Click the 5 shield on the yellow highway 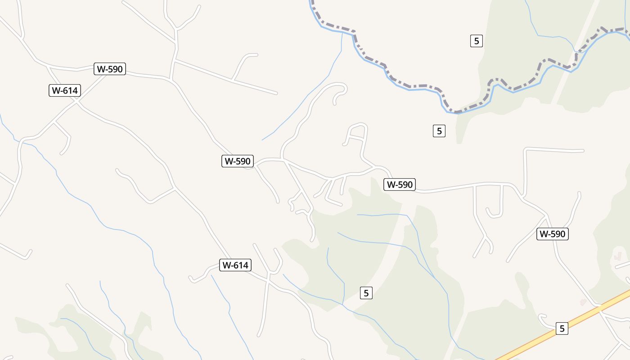point(562,328)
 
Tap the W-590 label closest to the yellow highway point(552,234)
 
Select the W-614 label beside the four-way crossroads point(64,90)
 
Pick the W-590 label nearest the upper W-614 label point(110,69)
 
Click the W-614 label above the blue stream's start point(235,265)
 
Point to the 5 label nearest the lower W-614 point(366,293)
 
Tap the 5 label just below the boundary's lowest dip point(439,131)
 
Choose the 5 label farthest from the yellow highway point(476,41)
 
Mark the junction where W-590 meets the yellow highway point(599,308)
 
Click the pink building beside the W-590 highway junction point(583,302)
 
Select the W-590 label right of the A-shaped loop point(399,184)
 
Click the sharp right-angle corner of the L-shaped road point(526,149)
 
